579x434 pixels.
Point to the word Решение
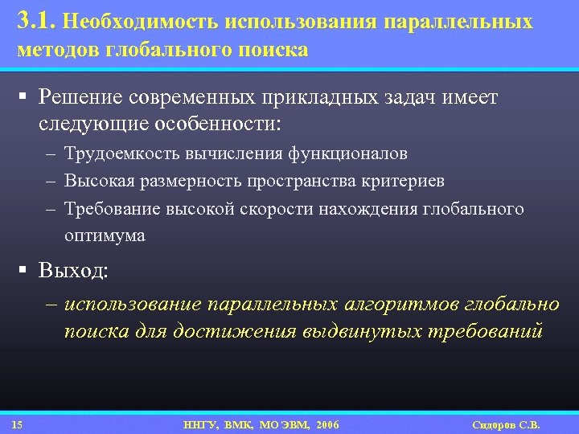coord(77,98)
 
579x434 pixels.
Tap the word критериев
coord(406,182)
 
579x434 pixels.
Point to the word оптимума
coord(105,236)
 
